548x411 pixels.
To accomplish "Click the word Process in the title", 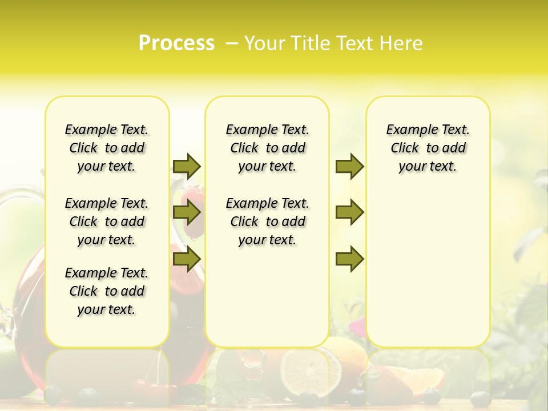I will [x=176, y=43].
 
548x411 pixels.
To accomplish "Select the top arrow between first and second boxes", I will [x=187, y=166].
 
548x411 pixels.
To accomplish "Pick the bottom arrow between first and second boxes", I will [x=187, y=259].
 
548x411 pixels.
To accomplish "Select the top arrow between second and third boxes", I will [x=349, y=166].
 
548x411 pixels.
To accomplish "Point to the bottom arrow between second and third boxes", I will [x=349, y=259].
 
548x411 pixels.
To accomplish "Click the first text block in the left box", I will [x=107, y=148].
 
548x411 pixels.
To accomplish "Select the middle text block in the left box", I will [x=107, y=221].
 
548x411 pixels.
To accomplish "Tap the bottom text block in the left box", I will [x=107, y=291].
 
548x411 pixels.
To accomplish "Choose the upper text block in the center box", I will [x=267, y=148].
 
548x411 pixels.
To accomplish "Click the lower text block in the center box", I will [x=267, y=221].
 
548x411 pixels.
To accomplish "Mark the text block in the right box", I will [x=428, y=148].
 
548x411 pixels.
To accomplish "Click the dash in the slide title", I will [x=231, y=43].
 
